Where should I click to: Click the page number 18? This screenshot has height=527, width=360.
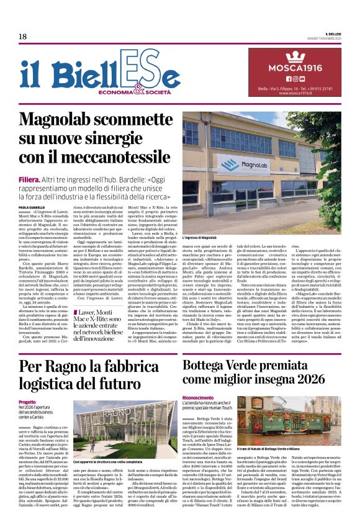pos(22,36)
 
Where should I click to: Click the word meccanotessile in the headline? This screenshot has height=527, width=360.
pos(117,156)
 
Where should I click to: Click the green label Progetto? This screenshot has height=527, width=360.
pos(27,402)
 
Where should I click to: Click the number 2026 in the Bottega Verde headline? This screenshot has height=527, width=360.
pos(305,364)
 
